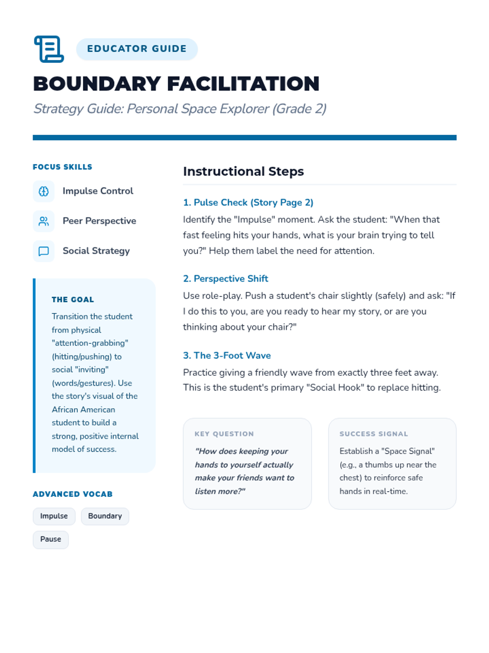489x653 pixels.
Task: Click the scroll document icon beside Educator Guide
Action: coord(49,49)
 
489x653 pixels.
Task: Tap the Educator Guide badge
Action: coord(137,49)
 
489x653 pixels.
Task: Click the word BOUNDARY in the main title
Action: coord(97,84)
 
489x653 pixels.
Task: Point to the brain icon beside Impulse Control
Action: coord(44,191)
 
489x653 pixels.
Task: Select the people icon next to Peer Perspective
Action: coord(44,221)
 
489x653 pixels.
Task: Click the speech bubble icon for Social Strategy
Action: coord(44,251)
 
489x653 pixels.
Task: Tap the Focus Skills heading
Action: coord(62,167)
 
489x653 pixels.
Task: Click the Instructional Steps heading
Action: coord(243,171)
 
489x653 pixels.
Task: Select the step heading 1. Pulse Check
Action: coord(248,202)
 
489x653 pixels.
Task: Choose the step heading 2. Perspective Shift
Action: coord(225,279)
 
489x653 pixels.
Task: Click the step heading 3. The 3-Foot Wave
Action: coord(227,355)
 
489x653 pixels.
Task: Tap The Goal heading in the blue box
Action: coord(73,300)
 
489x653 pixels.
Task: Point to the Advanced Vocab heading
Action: coord(73,494)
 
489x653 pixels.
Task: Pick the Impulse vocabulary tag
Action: coord(54,516)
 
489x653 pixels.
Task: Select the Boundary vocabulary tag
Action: coord(105,516)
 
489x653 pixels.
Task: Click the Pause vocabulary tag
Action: coord(51,540)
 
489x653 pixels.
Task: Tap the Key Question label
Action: coord(224,434)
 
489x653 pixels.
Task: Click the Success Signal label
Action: coord(374,434)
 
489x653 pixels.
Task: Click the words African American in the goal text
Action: coord(84,409)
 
